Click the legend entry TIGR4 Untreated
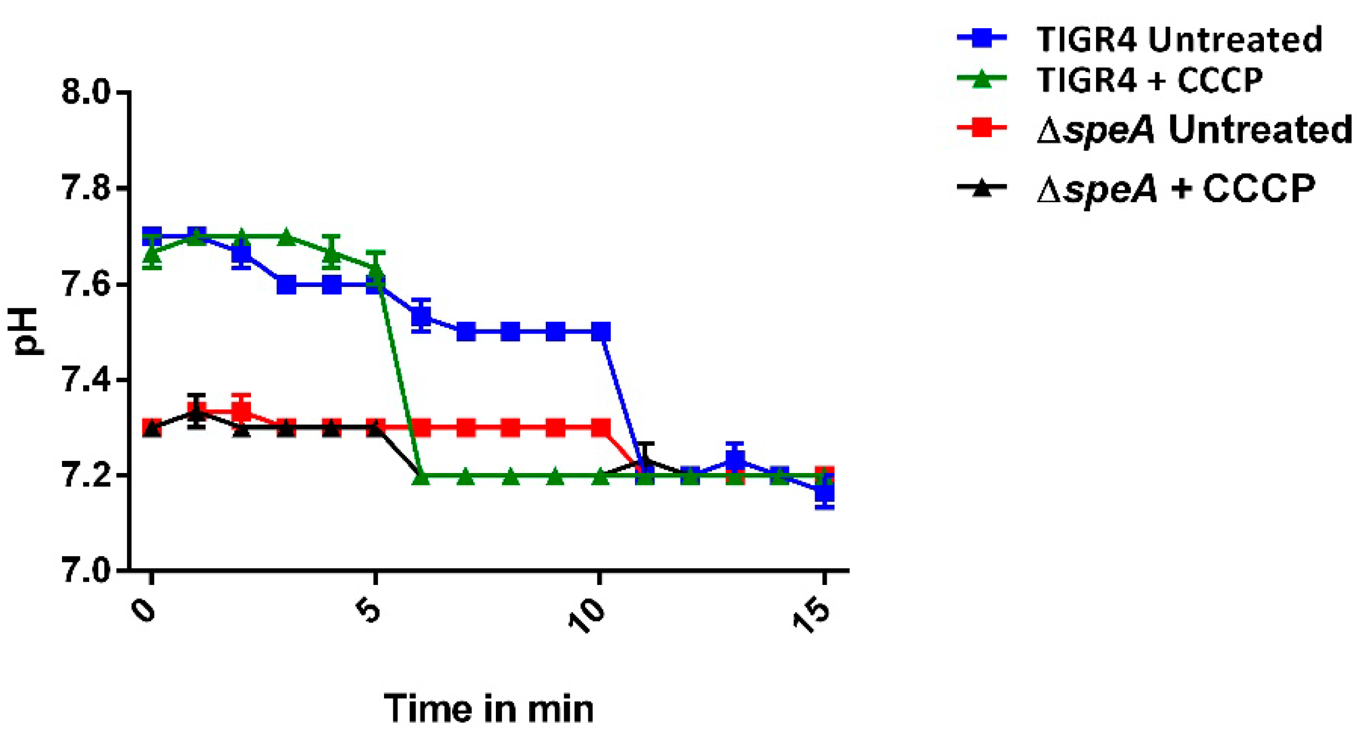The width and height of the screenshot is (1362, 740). (x=1179, y=40)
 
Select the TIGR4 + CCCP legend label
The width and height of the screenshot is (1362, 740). (x=1149, y=80)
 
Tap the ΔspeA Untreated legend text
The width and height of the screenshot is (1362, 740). (x=1194, y=131)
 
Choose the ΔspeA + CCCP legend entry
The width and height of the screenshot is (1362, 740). (x=1175, y=189)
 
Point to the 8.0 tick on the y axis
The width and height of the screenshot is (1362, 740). (x=86, y=91)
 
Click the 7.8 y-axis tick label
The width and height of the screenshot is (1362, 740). (x=86, y=188)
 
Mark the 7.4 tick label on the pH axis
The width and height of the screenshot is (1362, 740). (x=86, y=381)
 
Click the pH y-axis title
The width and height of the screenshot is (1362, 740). (x=25, y=331)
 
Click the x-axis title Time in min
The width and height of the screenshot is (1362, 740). (x=488, y=708)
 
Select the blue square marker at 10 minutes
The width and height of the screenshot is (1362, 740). (x=601, y=332)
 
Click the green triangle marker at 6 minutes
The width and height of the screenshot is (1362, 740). (x=421, y=476)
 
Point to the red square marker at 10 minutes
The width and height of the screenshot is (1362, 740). (x=601, y=428)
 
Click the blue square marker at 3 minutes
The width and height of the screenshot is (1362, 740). (x=286, y=285)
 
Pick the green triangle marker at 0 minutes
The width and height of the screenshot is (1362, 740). (x=152, y=254)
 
